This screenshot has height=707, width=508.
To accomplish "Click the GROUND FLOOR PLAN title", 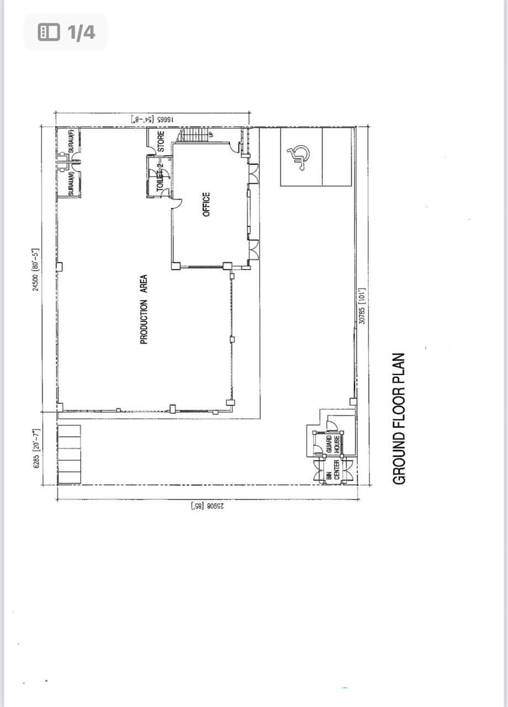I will pos(399,419).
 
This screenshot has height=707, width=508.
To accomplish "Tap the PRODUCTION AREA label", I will pos(144,309).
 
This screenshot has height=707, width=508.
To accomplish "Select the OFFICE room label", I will pos(207,204).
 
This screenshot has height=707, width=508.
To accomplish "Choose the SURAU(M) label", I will pos(71,183).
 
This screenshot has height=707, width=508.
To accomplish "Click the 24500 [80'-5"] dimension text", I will pos(37,270).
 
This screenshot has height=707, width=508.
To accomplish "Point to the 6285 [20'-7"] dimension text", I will pos(37,449).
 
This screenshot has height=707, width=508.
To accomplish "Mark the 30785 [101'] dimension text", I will pos(362,305).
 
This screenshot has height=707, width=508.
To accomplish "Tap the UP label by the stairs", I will pos(210,134).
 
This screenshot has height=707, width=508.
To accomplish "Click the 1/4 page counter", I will pos(81,33).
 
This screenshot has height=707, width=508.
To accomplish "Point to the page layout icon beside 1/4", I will pos(49,33).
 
